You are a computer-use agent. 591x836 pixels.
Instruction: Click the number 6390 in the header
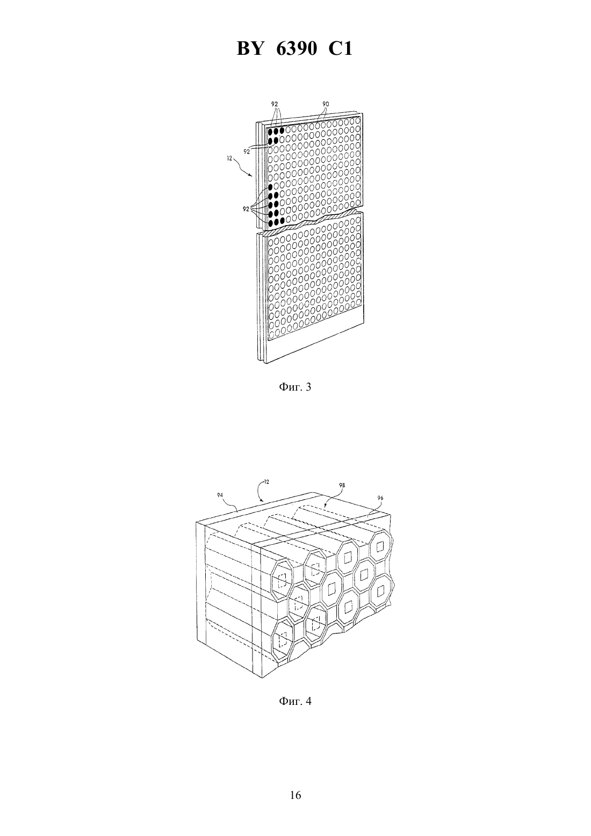[x=297, y=49]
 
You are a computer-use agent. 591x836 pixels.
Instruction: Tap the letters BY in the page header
[x=250, y=49]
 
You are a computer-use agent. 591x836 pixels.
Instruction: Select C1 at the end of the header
[x=340, y=49]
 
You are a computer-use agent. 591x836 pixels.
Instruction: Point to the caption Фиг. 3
[x=295, y=387]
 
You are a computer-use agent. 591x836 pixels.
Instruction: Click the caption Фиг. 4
[x=295, y=701]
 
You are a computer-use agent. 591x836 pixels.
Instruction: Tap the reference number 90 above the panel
[x=326, y=104]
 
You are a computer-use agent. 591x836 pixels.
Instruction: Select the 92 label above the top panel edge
[x=275, y=104]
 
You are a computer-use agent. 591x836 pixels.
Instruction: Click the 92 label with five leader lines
[x=246, y=210]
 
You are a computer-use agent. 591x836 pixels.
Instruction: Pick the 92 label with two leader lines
[x=247, y=152]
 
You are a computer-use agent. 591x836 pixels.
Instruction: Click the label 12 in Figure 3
[x=229, y=158]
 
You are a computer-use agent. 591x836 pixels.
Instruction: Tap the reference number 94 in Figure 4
[x=220, y=495]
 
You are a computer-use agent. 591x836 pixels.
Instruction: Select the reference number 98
[x=342, y=485]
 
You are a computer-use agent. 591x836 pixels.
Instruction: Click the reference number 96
[x=380, y=498]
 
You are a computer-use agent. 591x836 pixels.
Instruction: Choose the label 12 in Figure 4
[x=266, y=482]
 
